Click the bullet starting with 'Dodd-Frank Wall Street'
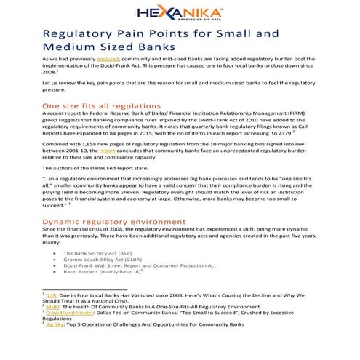tap(139, 265)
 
